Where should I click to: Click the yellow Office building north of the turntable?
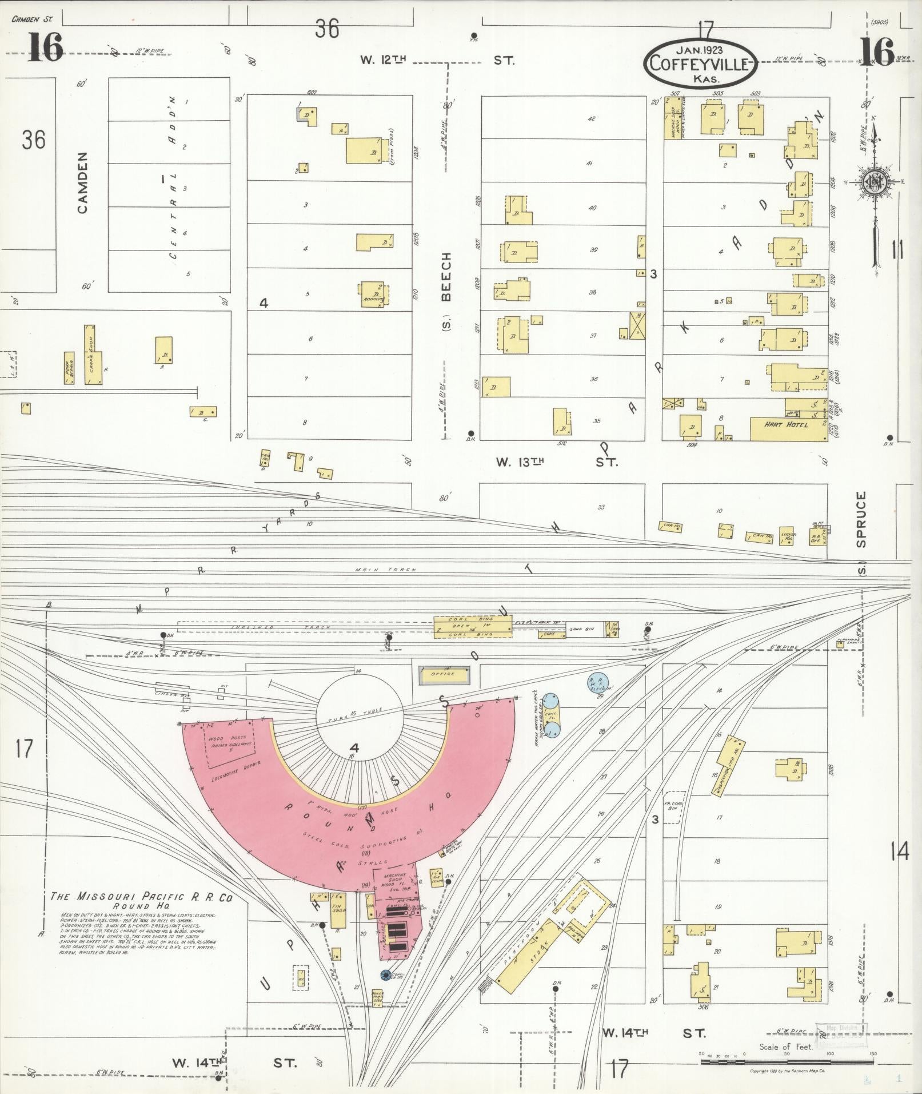(443, 674)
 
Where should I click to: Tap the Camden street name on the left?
(83, 182)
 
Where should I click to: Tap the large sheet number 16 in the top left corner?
(46, 47)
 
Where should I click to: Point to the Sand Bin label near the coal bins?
(581, 629)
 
